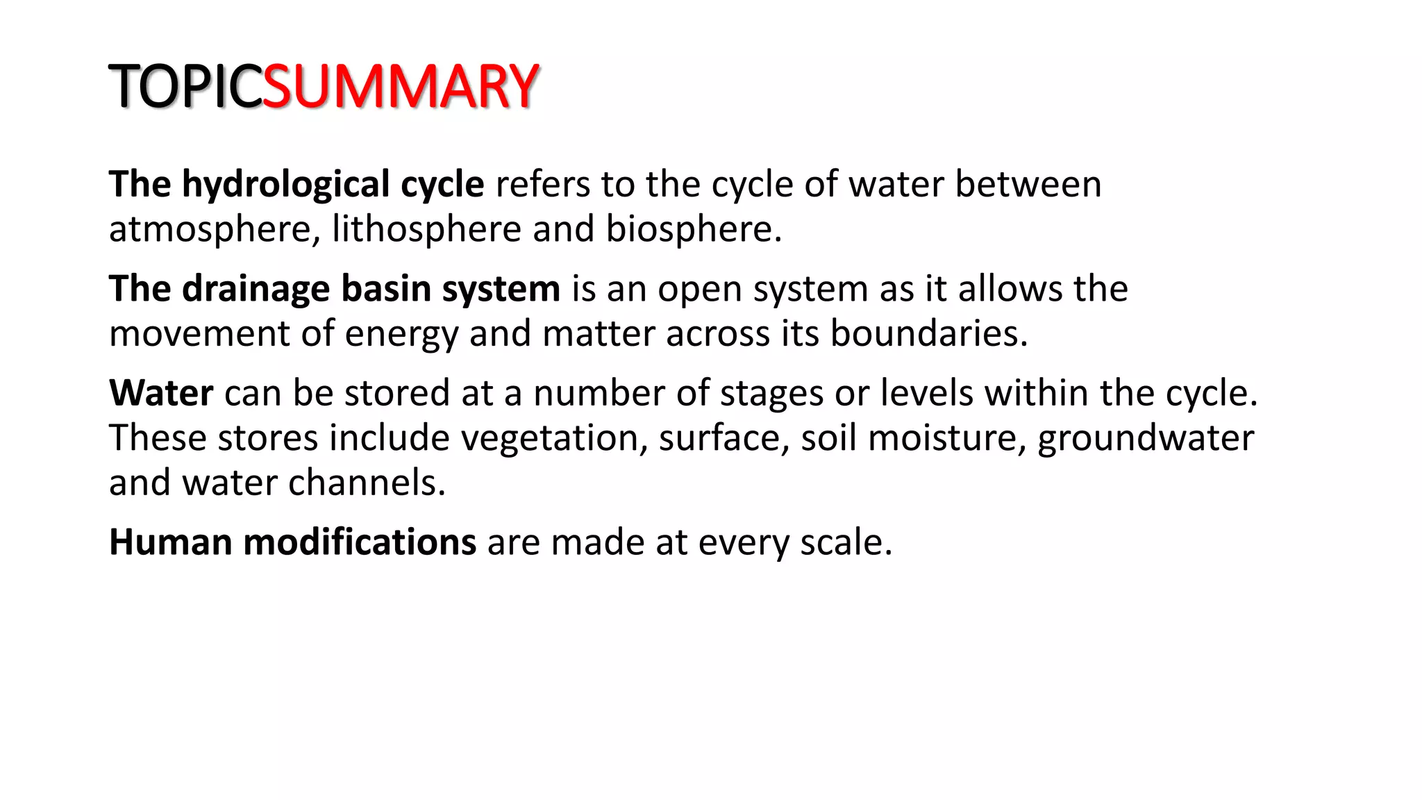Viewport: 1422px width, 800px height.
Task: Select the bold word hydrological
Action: pyautogui.click(x=285, y=185)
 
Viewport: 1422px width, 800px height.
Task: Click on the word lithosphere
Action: pyautogui.click(x=426, y=229)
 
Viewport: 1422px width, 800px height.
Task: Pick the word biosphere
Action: pyautogui.click(x=693, y=229)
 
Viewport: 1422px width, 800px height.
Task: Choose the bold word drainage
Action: pyautogui.click(x=256, y=289)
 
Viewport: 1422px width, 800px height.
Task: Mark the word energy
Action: pyautogui.click(x=401, y=334)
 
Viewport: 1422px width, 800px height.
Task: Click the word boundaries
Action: pyautogui.click(x=928, y=334)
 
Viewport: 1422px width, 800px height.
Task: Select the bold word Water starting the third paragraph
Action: pyautogui.click(x=161, y=393)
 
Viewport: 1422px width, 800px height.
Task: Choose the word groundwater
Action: pyautogui.click(x=1146, y=438)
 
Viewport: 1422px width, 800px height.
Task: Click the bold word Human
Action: pyautogui.click(x=171, y=542)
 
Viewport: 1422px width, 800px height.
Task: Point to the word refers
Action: pyautogui.click(x=542, y=185)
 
